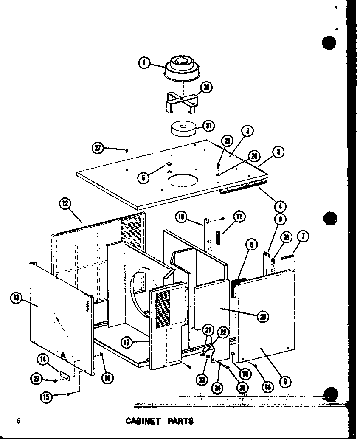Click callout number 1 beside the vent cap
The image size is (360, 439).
coord(144,63)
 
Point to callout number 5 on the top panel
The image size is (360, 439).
coord(144,178)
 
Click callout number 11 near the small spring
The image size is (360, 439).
coord(239,217)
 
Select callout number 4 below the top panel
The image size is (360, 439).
coord(280,207)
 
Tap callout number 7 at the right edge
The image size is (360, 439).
coord(305,236)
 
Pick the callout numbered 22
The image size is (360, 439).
coord(223,332)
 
